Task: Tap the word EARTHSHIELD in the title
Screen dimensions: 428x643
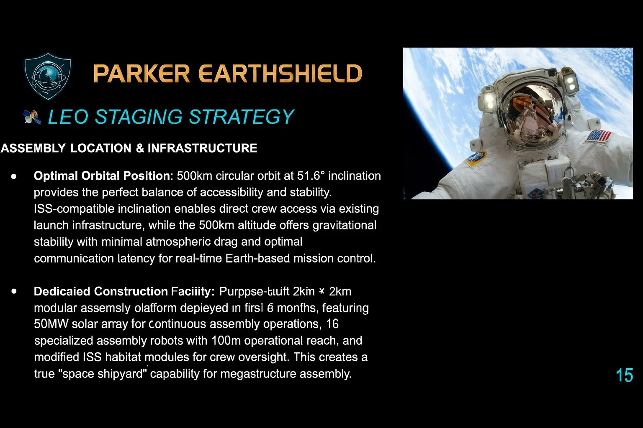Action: click(280, 74)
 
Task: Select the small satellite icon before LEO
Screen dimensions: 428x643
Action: click(33, 117)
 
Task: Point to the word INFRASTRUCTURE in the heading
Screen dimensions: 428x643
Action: click(202, 148)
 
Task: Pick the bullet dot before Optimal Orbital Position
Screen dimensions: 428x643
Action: click(14, 176)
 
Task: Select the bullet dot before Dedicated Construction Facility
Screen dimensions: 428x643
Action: click(14, 291)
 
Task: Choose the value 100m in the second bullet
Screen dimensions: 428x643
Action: click(226, 341)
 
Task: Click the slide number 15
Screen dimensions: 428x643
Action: click(624, 375)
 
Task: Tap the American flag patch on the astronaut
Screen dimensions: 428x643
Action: click(598, 136)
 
